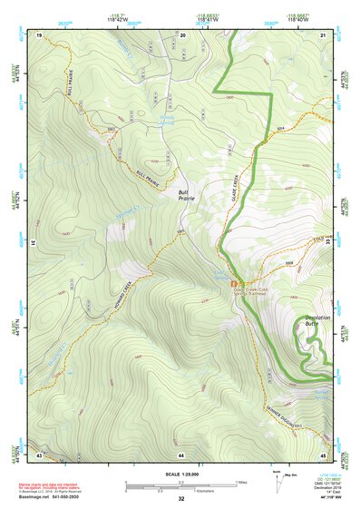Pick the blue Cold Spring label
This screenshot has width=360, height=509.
tap(220, 272)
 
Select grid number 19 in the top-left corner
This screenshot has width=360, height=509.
tap(39, 34)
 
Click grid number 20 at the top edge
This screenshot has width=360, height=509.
tap(182, 34)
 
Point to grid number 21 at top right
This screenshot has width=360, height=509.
tap(324, 34)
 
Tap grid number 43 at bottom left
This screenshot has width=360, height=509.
tap(39, 453)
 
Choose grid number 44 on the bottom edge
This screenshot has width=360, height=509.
tap(181, 453)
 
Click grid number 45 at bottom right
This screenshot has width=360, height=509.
tap(324, 453)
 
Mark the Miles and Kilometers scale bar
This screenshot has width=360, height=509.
tap(180, 485)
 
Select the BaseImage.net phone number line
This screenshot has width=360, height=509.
tap(56, 496)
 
